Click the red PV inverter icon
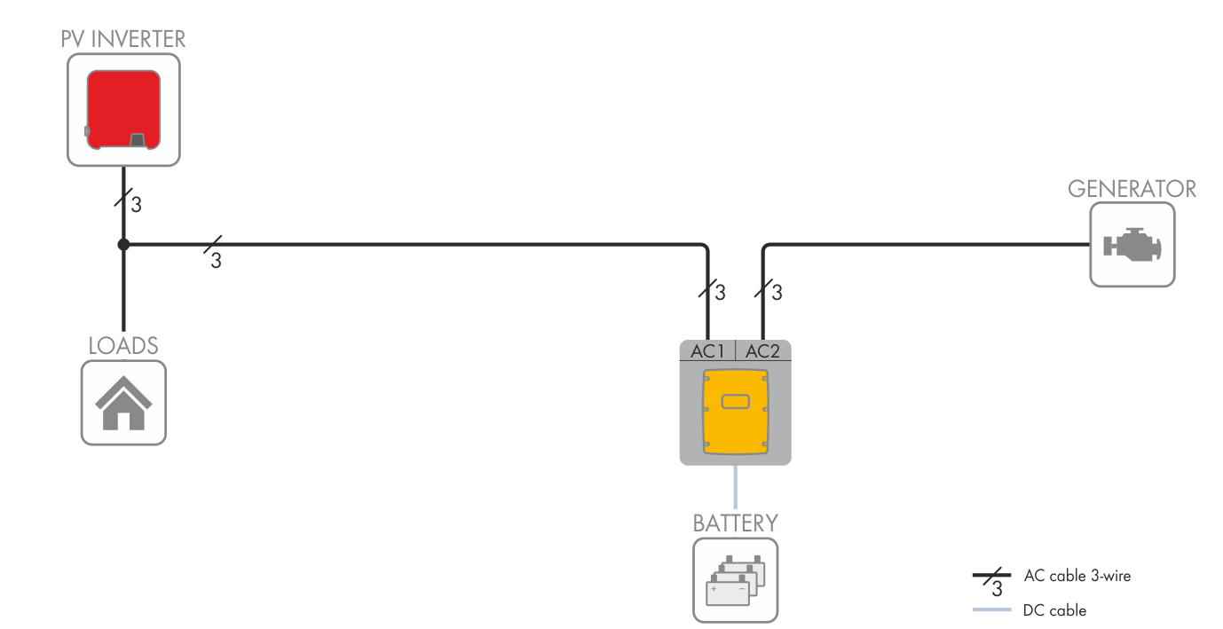tap(123, 110)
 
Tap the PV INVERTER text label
tap(123, 39)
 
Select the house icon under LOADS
tap(123, 403)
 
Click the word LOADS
tap(123, 345)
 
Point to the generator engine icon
tap(1132, 245)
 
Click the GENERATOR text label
tap(1132, 189)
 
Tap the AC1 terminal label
tap(708, 351)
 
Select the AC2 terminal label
tap(762, 351)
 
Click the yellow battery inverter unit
tap(735, 413)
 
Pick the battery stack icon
tap(735, 580)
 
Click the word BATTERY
tap(735, 523)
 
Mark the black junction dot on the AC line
tap(123, 244)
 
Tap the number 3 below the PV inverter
tap(136, 206)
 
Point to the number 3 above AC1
tap(721, 292)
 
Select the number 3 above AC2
tap(777, 292)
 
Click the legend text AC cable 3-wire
tap(1077, 576)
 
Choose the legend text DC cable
tap(1054, 610)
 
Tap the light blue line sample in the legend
tap(991, 610)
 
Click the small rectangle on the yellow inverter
tap(735, 402)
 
